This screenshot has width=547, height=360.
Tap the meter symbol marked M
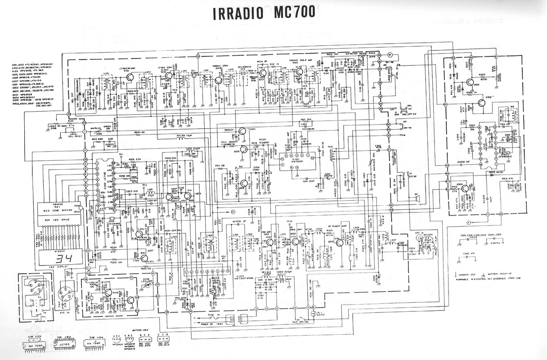(x=390, y=55)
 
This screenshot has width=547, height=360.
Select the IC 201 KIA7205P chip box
(x=294, y=161)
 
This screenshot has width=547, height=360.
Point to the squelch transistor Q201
(x=242, y=131)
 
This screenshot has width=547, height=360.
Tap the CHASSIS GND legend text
(x=471, y=274)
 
